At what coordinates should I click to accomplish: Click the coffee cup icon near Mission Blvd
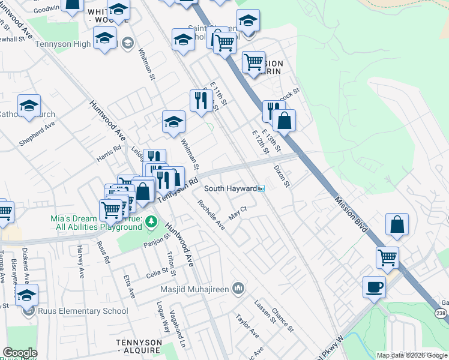(374, 287)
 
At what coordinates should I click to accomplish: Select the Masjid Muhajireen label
(195, 289)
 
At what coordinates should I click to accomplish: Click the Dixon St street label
(282, 176)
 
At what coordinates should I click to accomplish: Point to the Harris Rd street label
(109, 154)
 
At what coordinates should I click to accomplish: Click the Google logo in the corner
(20, 353)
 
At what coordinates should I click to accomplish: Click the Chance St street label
(282, 320)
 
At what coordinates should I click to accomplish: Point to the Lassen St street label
(264, 311)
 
